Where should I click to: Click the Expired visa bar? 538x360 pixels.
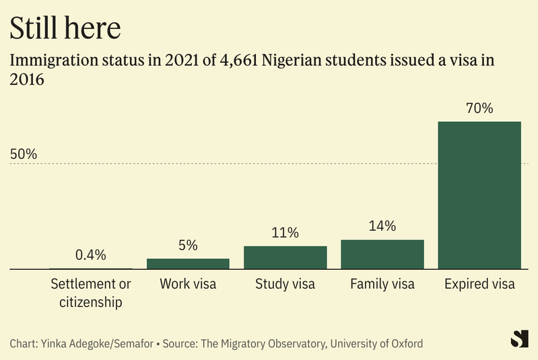479,195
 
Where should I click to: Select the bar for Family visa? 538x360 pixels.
382,254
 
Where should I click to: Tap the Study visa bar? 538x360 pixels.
285,258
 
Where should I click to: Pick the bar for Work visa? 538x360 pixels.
188,264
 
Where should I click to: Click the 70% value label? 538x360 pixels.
479,108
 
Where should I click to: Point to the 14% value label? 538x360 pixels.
382,226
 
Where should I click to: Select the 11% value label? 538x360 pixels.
285,233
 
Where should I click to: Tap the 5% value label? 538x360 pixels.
188,246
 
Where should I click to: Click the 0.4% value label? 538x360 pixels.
91,255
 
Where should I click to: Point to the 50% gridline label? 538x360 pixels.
24,153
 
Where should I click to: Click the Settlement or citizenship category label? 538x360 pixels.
91,293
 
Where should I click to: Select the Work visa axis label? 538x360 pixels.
188,284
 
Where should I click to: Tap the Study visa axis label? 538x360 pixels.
285,284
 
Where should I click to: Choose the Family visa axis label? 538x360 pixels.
382,284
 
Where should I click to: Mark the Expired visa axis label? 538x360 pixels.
479,284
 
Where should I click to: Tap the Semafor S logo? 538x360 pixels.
519,339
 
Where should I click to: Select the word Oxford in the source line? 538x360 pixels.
405,344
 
